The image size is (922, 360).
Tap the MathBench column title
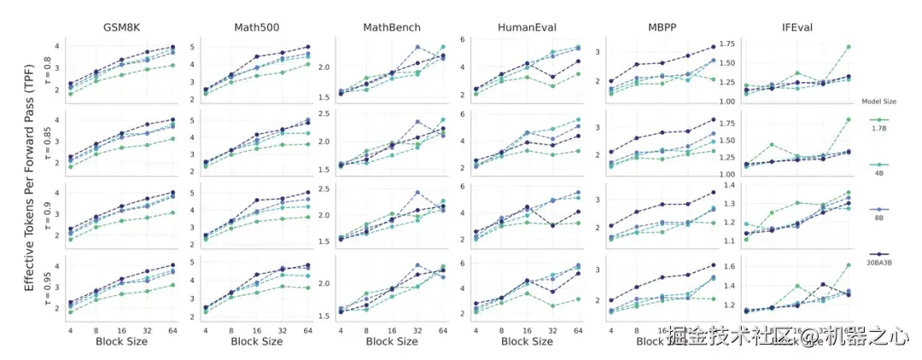pyautogui.click(x=391, y=27)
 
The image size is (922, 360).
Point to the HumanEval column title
pyautogui.click(x=527, y=27)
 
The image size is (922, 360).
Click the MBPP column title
pyautogui.click(x=662, y=27)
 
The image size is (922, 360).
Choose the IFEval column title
pyautogui.click(x=796, y=27)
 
